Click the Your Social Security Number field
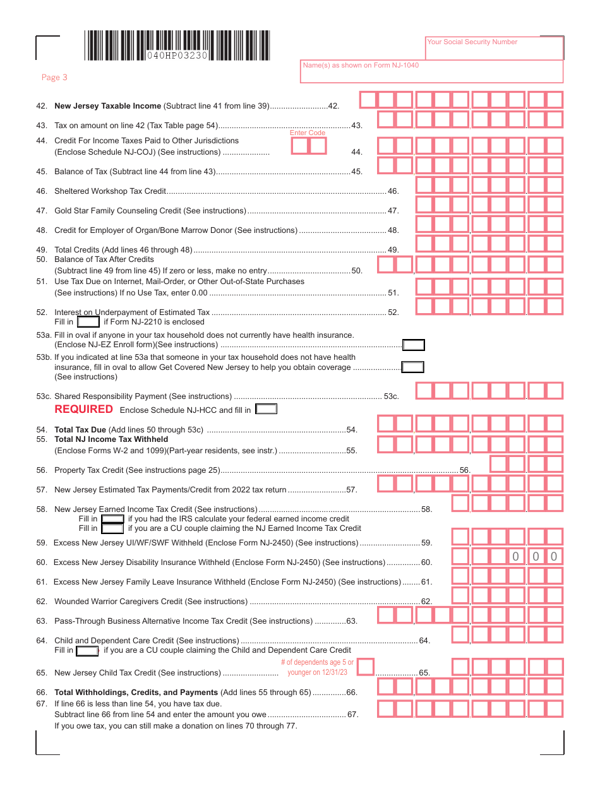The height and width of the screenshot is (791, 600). pos(494,48)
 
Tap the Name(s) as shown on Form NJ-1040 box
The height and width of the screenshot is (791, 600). pos(431,72)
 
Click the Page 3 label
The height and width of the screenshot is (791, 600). pos(54,78)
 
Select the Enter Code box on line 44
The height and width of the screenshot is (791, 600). pos(309,146)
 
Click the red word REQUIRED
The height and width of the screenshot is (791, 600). pos(83,409)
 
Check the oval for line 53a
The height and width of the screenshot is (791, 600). pos(414,345)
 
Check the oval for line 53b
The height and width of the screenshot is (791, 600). pos(413,367)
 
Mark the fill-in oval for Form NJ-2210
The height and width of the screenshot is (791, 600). pos(88,322)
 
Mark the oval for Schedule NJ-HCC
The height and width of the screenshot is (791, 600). pos(266,409)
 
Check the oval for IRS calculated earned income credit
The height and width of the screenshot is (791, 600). pos(112,519)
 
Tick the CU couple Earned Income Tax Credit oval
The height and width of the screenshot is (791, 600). pos(112,528)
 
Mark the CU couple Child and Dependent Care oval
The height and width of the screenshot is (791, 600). pos(87,650)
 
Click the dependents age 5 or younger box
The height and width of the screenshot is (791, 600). pos(366,667)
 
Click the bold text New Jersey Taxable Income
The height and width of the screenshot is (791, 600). pos(108,106)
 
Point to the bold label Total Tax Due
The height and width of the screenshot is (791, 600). pos(80,430)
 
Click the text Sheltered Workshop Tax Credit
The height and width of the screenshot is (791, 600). pos(110,191)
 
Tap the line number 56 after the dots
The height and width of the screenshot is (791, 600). pos(465,470)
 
